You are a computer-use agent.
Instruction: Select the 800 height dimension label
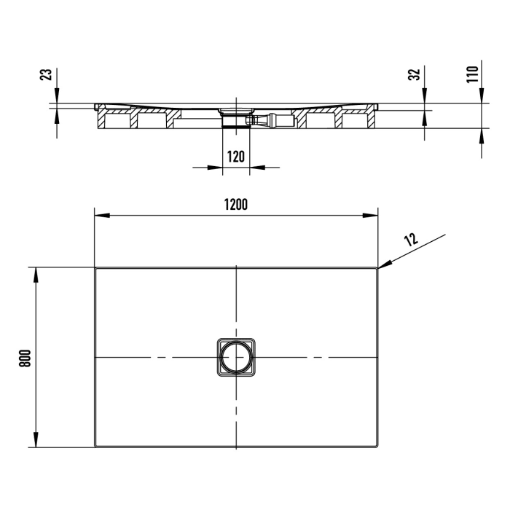23,357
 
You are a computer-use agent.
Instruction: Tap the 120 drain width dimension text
235,157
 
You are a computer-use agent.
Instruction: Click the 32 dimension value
415,75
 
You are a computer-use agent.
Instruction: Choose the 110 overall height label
471,74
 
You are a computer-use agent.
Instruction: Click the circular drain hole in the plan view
236,358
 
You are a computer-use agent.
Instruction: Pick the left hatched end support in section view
101,119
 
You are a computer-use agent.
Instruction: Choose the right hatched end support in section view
372,119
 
